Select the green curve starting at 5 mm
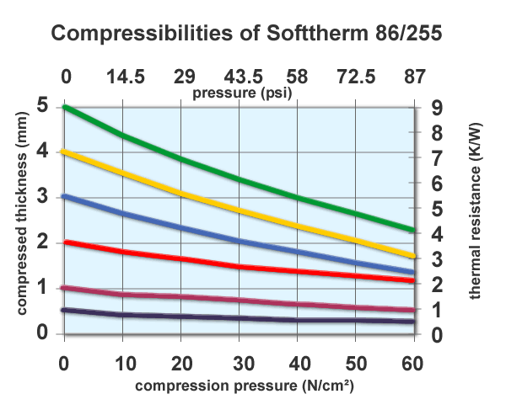click(240, 179)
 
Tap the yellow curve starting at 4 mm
click(240, 208)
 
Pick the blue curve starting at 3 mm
click(240, 242)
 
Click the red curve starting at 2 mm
click(240, 266)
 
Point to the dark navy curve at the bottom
click(240, 317)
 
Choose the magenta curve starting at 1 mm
click(240, 300)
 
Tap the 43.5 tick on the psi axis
click(240, 77)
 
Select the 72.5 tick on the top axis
click(356, 77)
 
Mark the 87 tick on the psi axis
click(414, 77)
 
